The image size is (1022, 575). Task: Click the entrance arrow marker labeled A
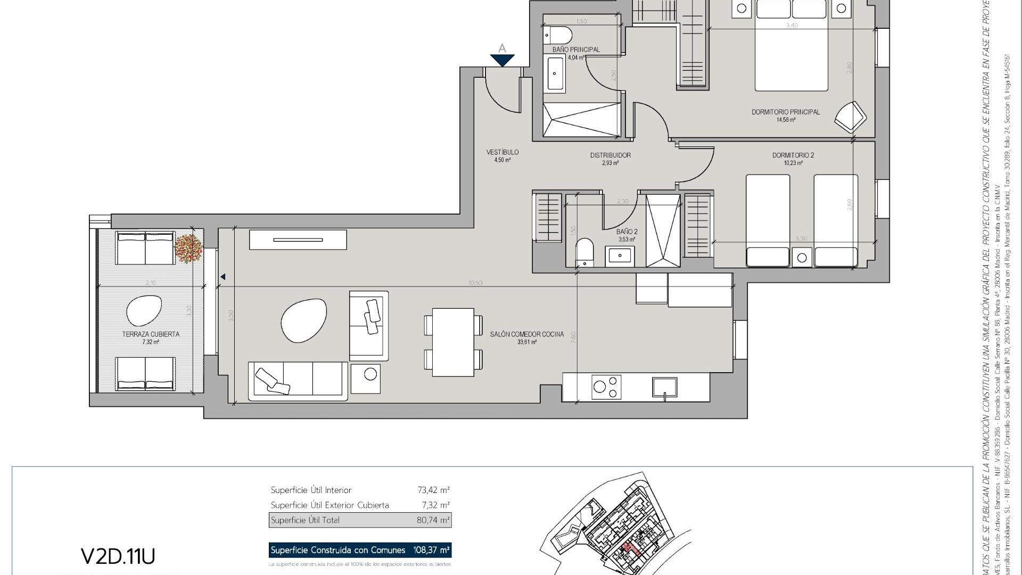coord(502,59)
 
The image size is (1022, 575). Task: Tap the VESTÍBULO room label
coord(502,152)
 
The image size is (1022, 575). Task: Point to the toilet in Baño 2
coord(584,252)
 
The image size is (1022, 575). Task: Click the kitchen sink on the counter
coord(665,387)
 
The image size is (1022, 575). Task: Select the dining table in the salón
coord(453,342)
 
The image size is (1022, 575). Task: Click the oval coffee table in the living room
coord(304,320)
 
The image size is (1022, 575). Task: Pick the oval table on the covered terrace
coord(144,310)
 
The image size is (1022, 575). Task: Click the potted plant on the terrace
coord(188,248)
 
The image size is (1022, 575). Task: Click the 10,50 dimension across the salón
coord(475,283)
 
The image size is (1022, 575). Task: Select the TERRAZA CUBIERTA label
coord(151,334)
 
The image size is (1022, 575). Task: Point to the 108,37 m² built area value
coord(431,550)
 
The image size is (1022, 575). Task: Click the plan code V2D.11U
coord(118,556)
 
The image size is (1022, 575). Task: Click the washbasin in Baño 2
coord(620,256)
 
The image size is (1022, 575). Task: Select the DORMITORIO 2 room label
coord(793,155)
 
